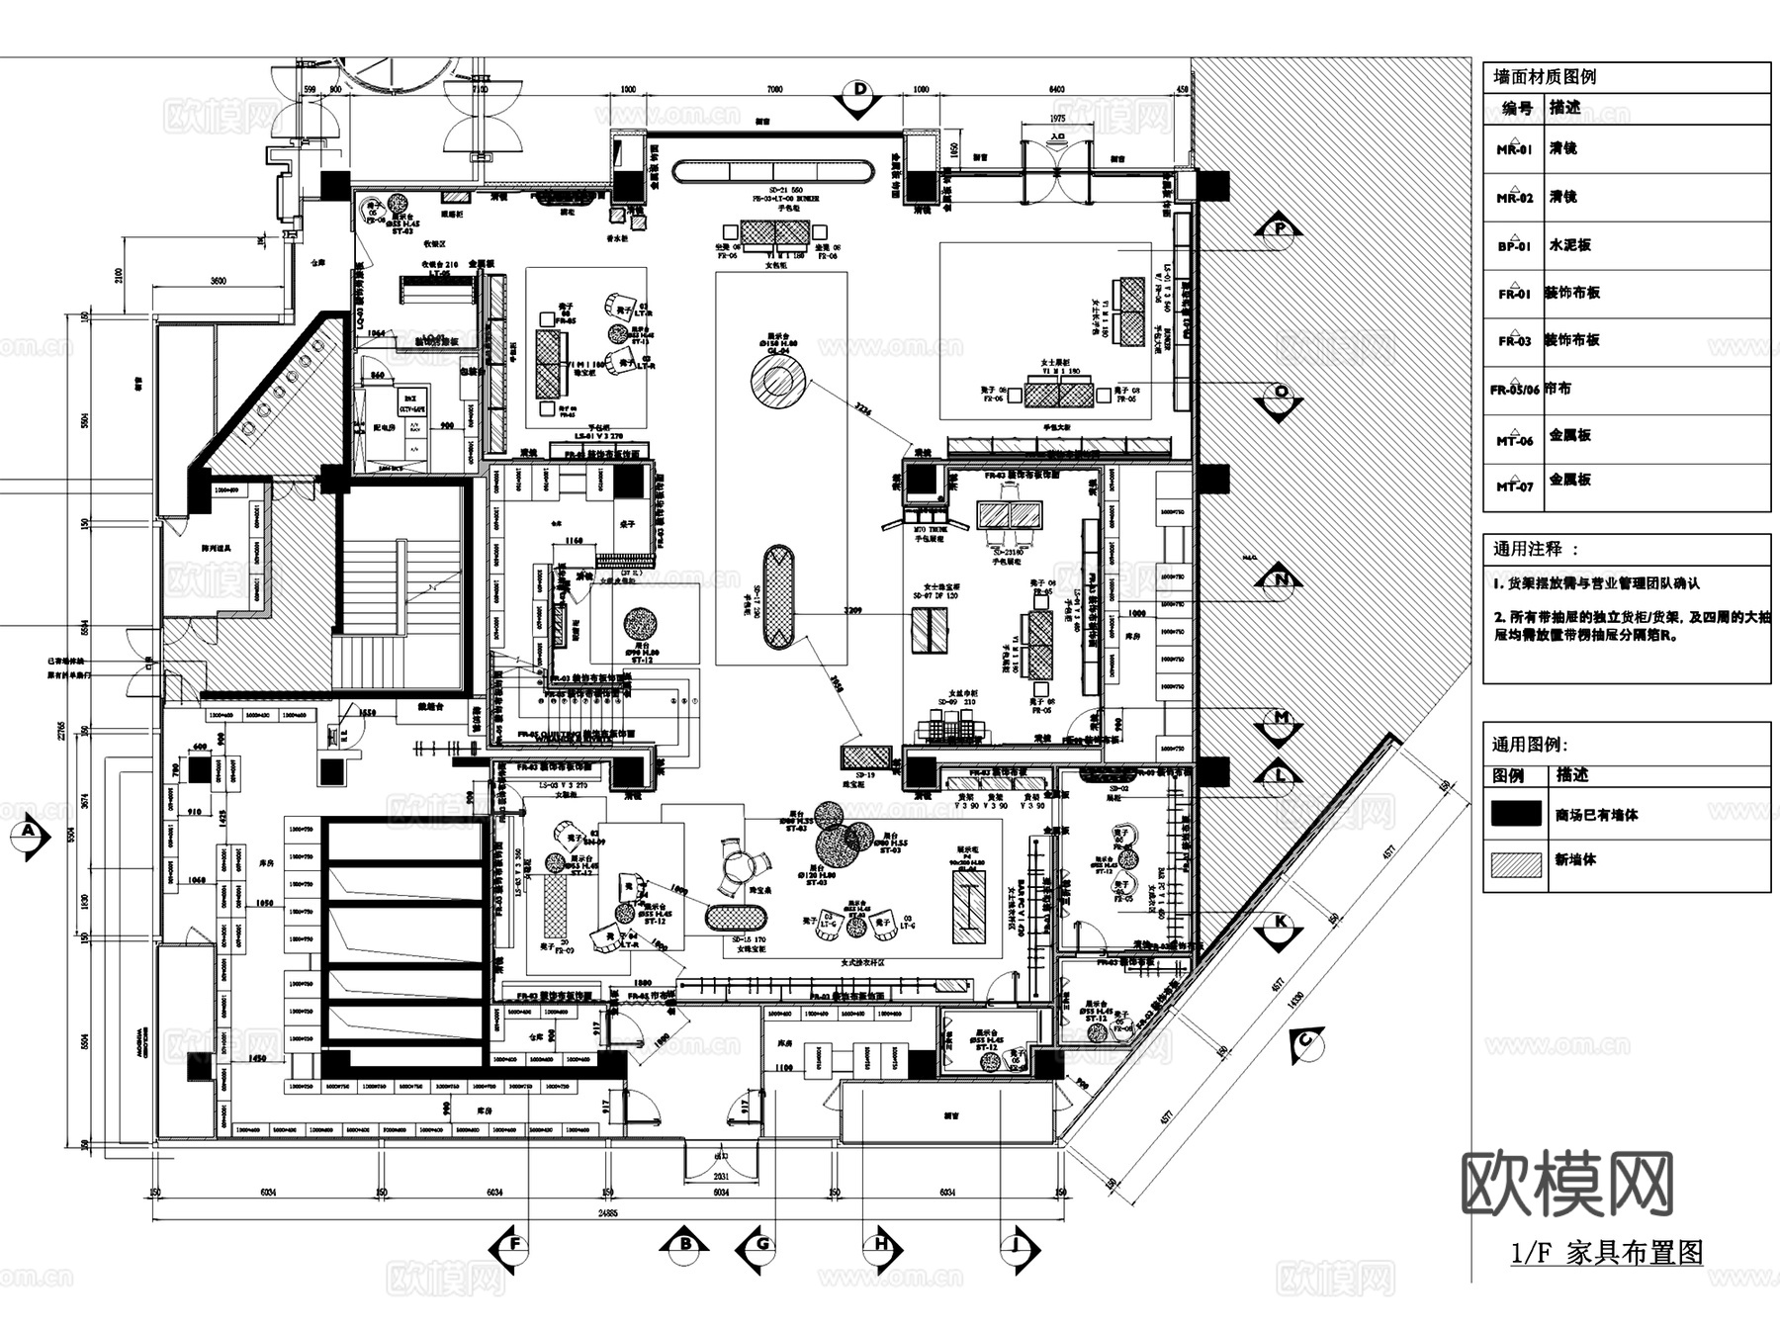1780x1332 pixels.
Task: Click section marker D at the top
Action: pos(859,92)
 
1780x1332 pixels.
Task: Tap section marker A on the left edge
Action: pos(29,833)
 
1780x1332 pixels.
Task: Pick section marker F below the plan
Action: pos(513,1245)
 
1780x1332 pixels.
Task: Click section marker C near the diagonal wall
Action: pos(1306,1040)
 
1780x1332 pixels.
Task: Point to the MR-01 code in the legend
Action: pos(1514,149)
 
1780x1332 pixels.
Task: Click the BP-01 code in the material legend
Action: pos(1514,246)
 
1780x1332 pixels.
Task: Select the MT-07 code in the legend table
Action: pos(1514,486)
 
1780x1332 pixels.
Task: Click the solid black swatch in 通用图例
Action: pos(1516,814)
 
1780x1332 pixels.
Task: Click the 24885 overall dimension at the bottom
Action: pos(607,1212)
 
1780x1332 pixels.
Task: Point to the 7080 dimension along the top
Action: pos(774,90)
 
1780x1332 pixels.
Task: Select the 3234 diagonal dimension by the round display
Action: pos(863,412)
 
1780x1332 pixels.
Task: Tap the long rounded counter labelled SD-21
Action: pos(773,172)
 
